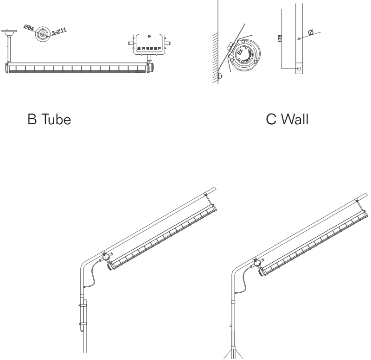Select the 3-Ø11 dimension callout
point(59,32)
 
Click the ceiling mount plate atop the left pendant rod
point(8,32)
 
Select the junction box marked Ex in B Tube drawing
point(149,44)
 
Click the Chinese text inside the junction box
point(149,48)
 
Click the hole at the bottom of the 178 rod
point(298,69)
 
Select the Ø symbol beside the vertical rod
point(310,33)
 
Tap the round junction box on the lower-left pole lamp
point(106,256)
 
